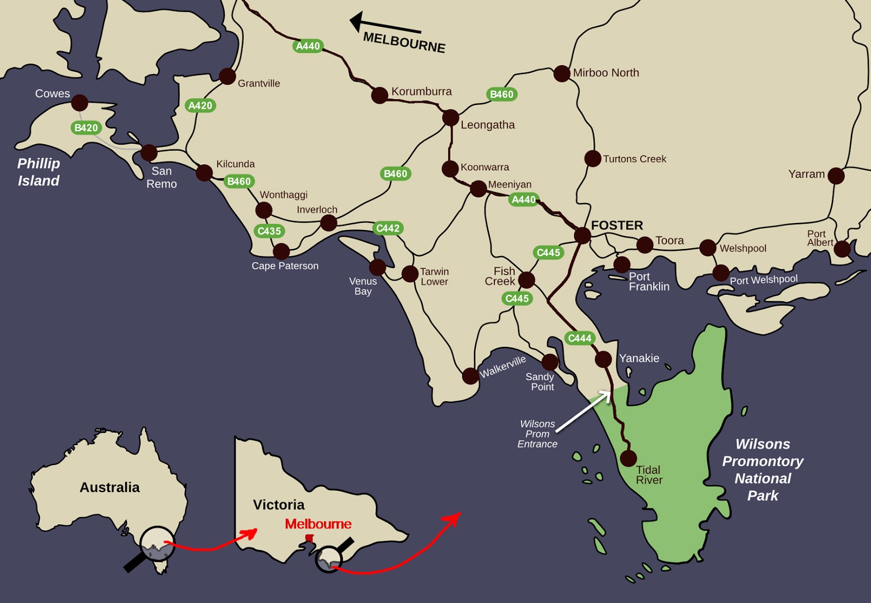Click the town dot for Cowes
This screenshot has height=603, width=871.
[79, 102]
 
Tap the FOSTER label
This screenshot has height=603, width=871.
[617, 225]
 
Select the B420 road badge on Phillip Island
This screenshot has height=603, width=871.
[86, 128]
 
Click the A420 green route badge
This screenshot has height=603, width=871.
[200, 105]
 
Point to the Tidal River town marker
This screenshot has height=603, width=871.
[628, 458]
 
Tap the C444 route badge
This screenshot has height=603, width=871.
[579, 338]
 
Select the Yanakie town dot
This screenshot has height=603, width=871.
[603, 359]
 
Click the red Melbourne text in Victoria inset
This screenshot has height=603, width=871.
[318, 524]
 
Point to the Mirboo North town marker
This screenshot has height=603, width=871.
[562, 73]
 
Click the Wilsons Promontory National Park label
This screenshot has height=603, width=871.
[762, 470]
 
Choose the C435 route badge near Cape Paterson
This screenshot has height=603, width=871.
[269, 231]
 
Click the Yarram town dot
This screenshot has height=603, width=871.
[836, 176]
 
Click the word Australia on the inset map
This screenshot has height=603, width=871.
[109, 487]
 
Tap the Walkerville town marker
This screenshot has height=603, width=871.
[470, 375]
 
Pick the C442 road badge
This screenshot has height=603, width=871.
[388, 228]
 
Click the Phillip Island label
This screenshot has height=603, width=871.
[38, 172]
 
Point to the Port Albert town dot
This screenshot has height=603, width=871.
[842, 248]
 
